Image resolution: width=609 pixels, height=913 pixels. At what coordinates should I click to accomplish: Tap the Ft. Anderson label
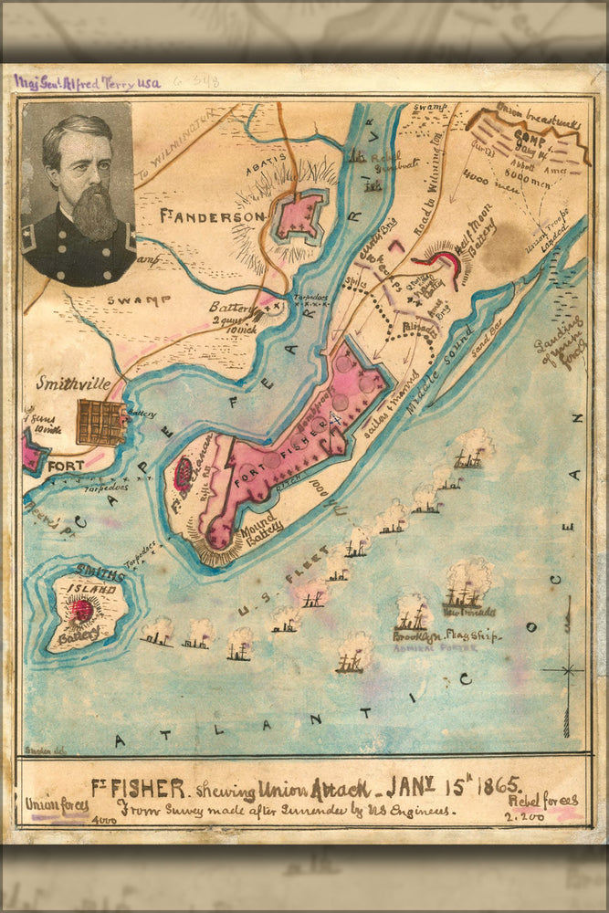click(x=212, y=216)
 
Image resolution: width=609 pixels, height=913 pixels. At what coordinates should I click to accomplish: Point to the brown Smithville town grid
click(x=100, y=423)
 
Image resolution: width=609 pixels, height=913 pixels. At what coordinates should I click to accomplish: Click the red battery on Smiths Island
click(x=82, y=610)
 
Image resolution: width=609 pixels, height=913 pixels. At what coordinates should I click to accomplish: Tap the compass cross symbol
click(x=568, y=670)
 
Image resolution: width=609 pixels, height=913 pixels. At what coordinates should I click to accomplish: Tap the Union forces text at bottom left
click(x=57, y=805)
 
